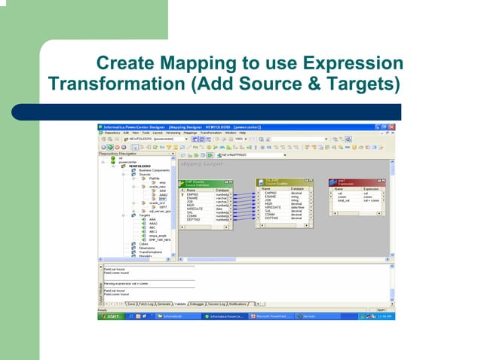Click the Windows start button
[112, 316]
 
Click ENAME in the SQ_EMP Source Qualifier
[271, 197]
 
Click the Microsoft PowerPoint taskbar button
[271, 316]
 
